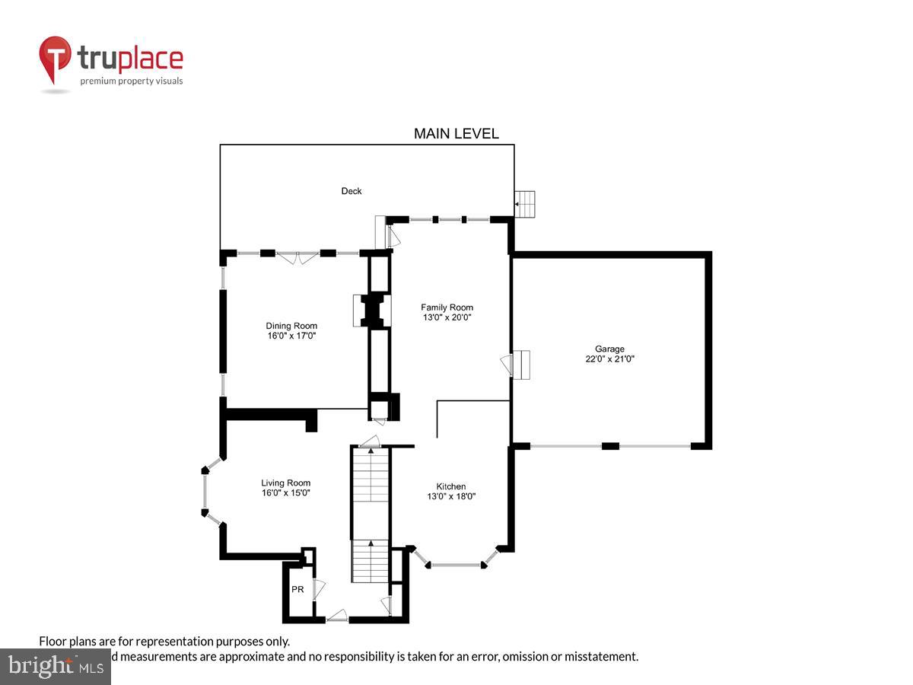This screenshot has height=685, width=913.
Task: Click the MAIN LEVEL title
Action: (x=456, y=134)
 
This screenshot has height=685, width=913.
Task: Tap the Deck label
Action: (x=352, y=191)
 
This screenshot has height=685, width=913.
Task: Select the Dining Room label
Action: (x=291, y=326)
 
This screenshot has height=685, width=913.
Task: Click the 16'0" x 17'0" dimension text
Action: (x=291, y=335)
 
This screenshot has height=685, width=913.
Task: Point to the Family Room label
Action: (x=447, y=307)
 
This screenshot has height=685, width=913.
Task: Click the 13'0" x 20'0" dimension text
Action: (x=447, y=317)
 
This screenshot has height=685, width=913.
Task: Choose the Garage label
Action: (x=609, y=349)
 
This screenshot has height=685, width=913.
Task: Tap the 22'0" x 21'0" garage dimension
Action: (x=609, y=358)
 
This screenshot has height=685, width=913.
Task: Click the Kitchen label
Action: (x=450, y=487)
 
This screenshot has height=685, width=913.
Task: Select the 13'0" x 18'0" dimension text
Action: (x=450, y=496)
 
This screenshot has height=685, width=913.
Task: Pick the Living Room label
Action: (x=286, y=483)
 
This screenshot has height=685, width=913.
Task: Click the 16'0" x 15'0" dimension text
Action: (x=286, y=492)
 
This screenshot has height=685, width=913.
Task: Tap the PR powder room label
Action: (x=297, y=589)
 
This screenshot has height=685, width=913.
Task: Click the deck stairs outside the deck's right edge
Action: (x=525, y=204)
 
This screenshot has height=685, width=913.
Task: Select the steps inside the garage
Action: (x=520, y=364)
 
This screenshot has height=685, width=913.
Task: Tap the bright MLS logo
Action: (x=55, y=666)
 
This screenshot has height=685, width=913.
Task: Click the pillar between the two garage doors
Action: (x=610, y=445)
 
